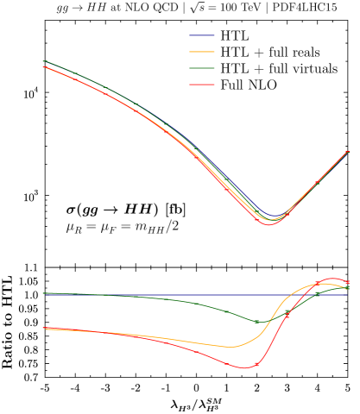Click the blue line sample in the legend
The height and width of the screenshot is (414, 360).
tap(202, 35)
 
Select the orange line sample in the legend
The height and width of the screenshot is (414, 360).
tap(202, 52)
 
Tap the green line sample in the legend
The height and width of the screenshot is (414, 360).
tap(202, 68)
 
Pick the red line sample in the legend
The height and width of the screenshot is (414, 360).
tap(202, 85)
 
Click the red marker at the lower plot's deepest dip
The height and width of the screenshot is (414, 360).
tap(256, 365)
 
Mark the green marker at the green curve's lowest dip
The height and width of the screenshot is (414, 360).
tap(256, 322)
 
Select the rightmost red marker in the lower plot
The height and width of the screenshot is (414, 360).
tap(347, 282)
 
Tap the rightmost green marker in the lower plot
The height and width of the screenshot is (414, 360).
tap(347, 287)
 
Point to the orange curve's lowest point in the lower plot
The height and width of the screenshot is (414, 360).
tap(231, 347)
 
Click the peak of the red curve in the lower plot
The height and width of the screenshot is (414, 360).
tap(332, 279)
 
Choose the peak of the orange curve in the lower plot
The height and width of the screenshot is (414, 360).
tap(324, 283)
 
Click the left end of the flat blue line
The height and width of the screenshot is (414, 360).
tap(43, 294)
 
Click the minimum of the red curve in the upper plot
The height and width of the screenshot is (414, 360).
tap(268, 224)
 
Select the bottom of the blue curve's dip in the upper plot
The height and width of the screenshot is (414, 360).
tap(275, 215)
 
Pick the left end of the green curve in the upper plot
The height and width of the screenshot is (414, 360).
tap(43, 61)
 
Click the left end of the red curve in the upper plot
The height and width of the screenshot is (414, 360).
tap(43, 66)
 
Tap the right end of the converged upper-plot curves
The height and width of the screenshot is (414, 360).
tap(347, 152)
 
